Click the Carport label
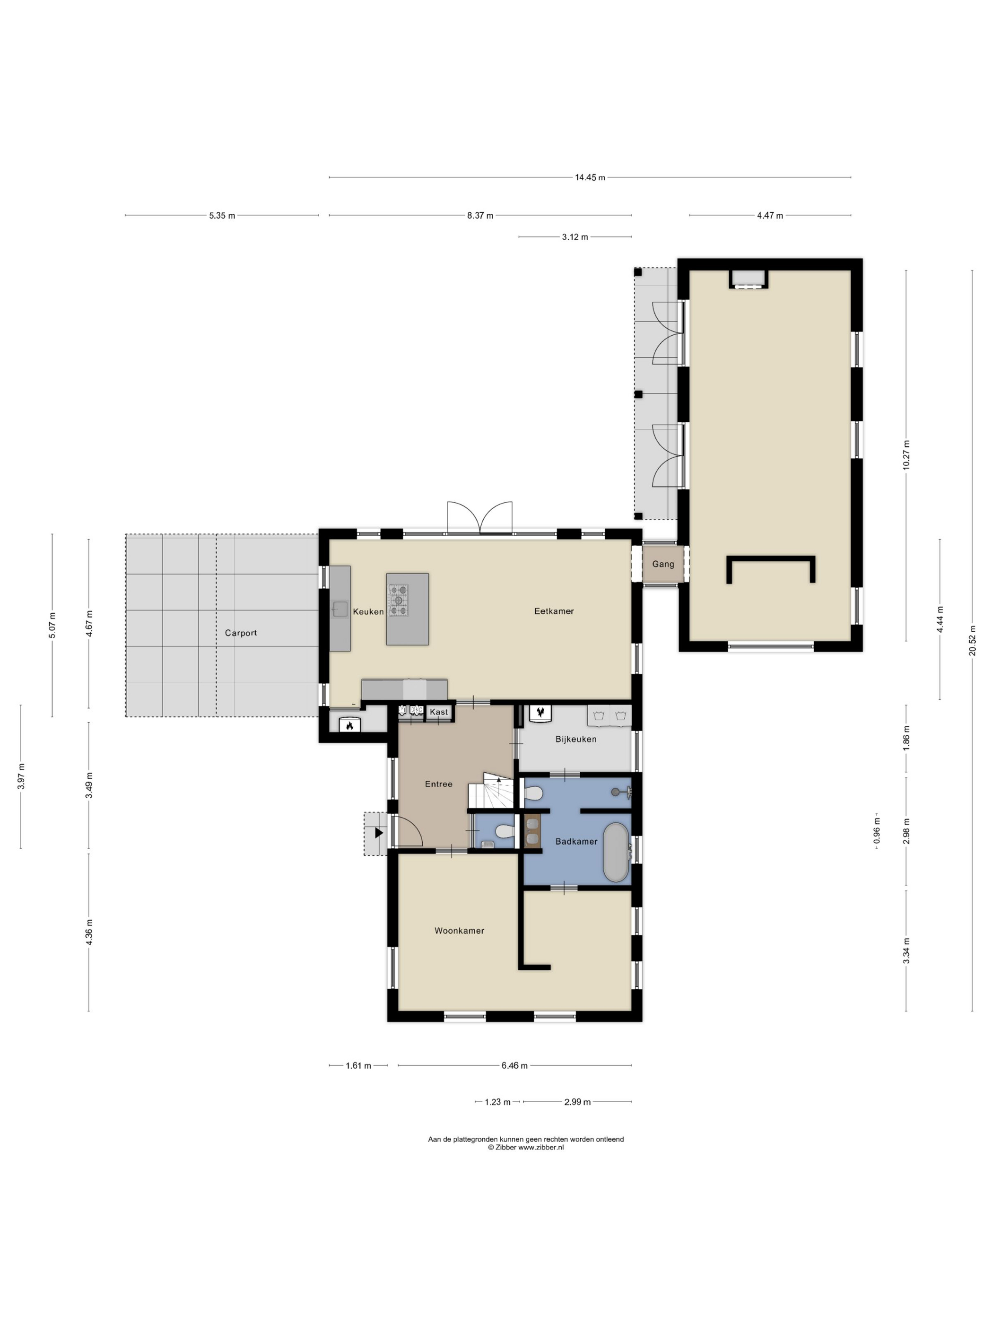click(241, 633)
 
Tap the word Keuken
click(368, 611)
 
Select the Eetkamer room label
click(554, 611)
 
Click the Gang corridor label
click(662, 564)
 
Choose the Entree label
click(439, 784)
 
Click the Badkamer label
click(576, 842)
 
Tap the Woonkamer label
click(459, 931)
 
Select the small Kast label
click(439, 712)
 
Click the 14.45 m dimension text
click(590, 178)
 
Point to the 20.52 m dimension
click(972, 640)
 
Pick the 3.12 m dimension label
click(575, 237)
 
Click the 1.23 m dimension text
click(497, 1102)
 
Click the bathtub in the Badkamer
click(616, 853)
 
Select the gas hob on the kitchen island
click(399, 601)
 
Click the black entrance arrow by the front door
click(378, 833)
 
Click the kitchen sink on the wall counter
click(340, 610)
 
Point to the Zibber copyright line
click(525, 1148)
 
